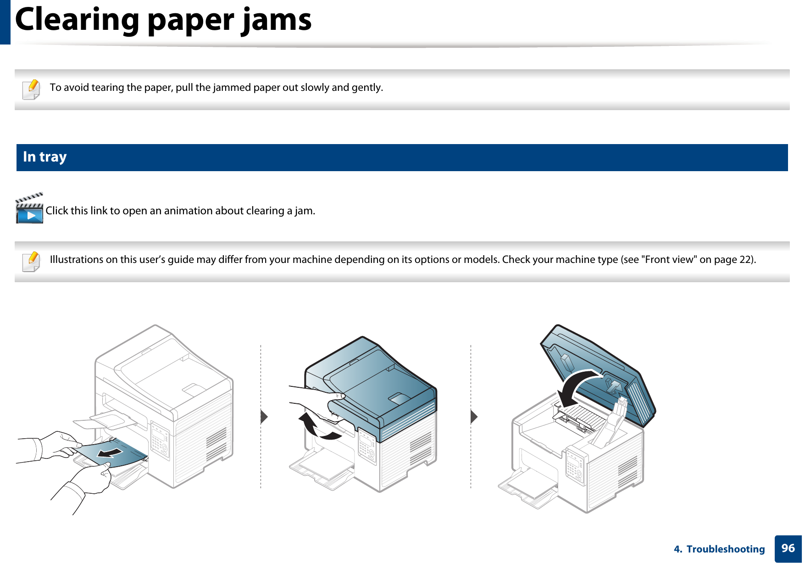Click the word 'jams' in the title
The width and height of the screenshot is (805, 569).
coord(277,20)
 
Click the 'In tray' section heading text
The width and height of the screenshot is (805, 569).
coord(44,157)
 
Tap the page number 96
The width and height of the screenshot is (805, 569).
coord(788,548)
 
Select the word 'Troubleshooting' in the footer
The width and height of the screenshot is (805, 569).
coord(725,549)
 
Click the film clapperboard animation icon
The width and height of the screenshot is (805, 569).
coord(29,209)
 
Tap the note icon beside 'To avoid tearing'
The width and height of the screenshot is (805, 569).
coord(31,89)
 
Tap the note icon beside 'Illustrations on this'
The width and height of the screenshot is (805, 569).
coord(31,262)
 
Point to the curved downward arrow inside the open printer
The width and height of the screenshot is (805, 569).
coord(576,388)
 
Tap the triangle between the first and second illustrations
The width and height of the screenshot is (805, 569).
coord(264,417)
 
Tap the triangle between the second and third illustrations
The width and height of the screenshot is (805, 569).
coord(474,417)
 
